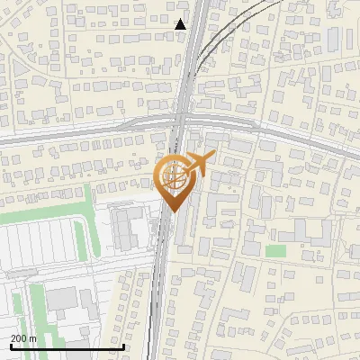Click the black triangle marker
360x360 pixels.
tap(181, 24)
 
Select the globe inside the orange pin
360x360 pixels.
tap(174, 175)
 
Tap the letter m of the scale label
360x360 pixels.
tap(33, 337)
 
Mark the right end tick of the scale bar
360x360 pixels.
tap(123, 346)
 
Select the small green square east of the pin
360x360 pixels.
tap(276, 250)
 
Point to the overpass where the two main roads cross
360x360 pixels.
tap(181, 121)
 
